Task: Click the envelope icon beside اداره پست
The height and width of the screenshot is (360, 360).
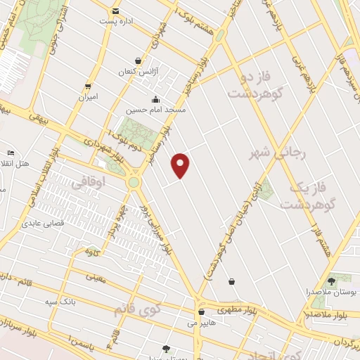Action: [115, 11]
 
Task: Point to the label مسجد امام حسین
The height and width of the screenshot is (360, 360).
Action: [155, 110]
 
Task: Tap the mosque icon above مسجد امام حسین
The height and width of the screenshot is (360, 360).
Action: [155, 99]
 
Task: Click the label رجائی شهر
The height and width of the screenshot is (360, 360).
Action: [269, 151]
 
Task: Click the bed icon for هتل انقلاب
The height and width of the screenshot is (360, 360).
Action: [11, 153]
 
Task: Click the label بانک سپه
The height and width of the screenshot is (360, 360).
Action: [59, 302]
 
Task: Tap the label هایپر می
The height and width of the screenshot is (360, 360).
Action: [202, 324]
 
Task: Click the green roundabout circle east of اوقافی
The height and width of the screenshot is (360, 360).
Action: [133, 182]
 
